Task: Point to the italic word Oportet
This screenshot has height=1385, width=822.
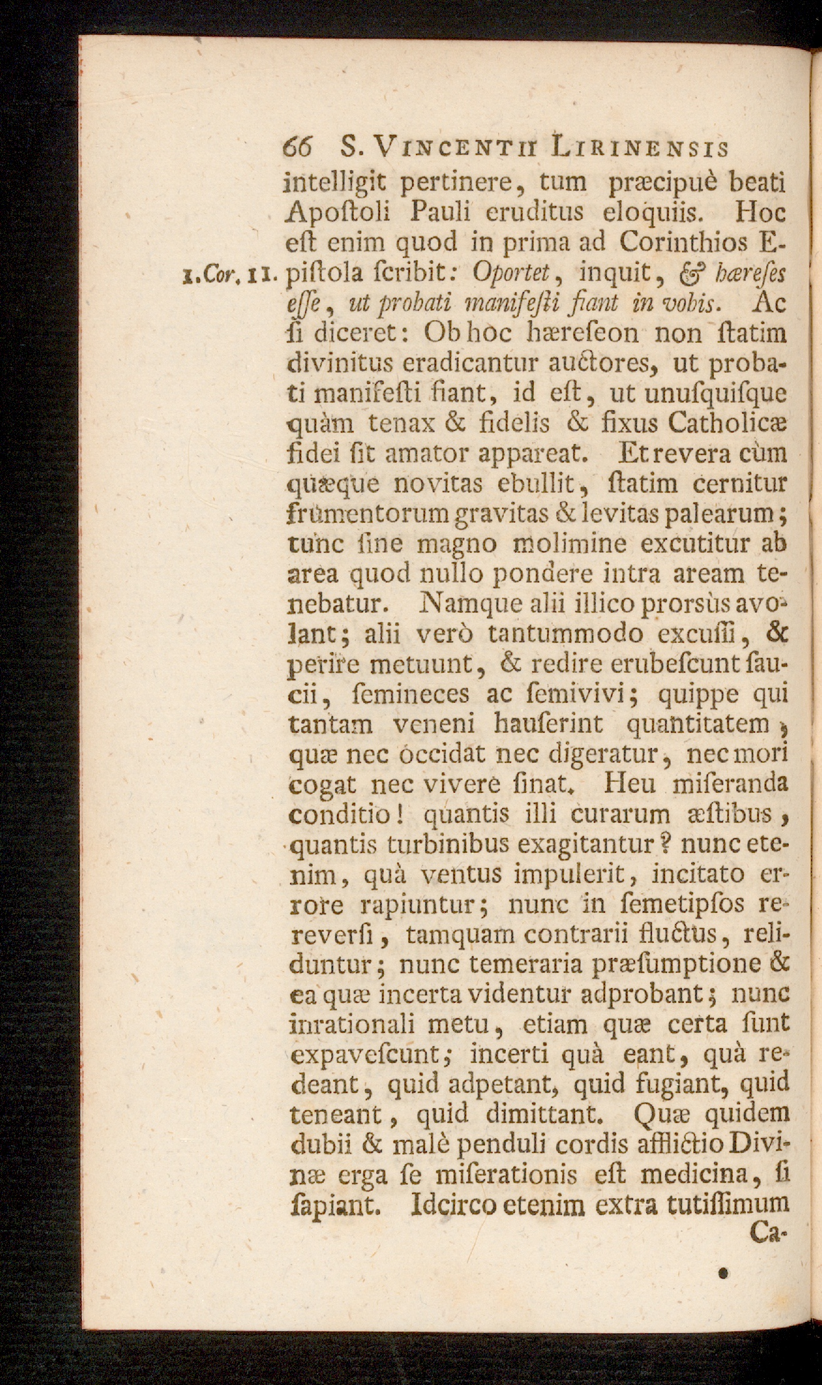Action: pyautogui.click(x=511, y=273)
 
